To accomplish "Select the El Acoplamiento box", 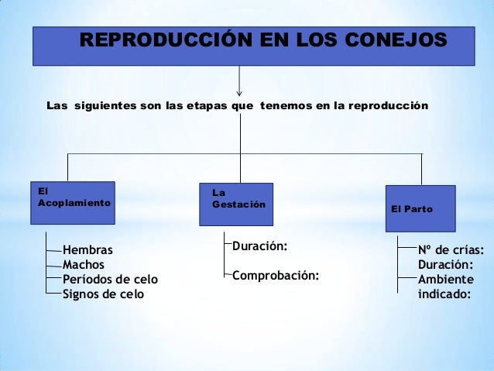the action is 73,203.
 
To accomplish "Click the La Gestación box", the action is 236,204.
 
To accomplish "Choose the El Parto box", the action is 420,208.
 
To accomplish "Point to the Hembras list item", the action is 87,250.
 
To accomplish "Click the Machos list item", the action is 83,265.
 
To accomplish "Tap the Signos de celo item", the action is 103,294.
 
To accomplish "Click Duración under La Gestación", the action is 259,246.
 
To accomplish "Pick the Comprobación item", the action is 275,276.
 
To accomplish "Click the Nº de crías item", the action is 451,250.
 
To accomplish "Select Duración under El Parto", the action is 445,265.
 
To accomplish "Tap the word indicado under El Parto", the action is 444,294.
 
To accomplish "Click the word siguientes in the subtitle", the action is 103,104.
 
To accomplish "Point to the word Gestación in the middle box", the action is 238,205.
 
